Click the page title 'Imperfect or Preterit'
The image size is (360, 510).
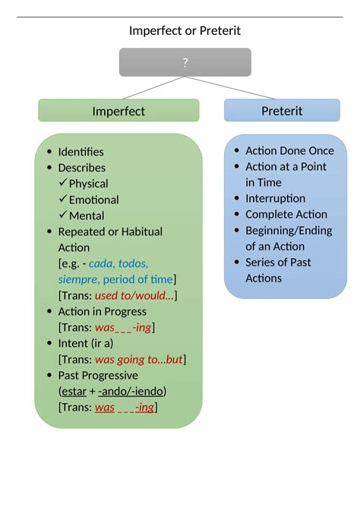185,30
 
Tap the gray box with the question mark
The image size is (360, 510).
185,62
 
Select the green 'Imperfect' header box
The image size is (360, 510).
118,111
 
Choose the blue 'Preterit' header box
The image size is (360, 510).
282,111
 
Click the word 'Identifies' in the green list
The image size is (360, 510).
81,152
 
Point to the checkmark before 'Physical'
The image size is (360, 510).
63,184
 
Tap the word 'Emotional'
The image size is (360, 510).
93,200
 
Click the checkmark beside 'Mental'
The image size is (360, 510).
63,216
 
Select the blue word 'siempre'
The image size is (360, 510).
77,279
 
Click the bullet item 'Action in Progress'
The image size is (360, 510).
102,311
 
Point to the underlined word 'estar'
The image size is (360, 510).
74,391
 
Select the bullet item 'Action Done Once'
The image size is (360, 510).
289,150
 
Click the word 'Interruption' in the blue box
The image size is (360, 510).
275,198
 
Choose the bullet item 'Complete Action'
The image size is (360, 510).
286,214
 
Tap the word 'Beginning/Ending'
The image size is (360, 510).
289,230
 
